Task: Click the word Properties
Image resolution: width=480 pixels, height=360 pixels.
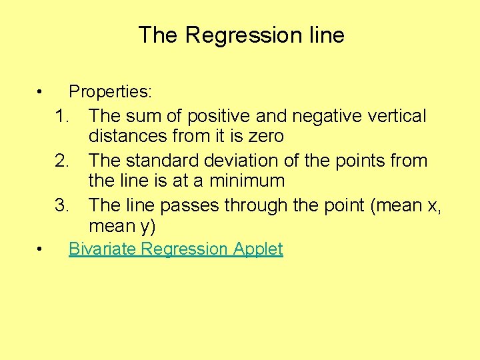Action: (x=110, y=91)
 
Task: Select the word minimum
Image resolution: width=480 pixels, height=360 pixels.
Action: (x=246, y=181)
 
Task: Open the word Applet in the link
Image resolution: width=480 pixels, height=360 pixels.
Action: (x=258, y=250)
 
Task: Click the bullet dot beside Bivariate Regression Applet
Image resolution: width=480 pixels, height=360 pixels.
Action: (x=41, y=249)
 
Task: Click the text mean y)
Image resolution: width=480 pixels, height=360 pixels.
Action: (x=121, y=227)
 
